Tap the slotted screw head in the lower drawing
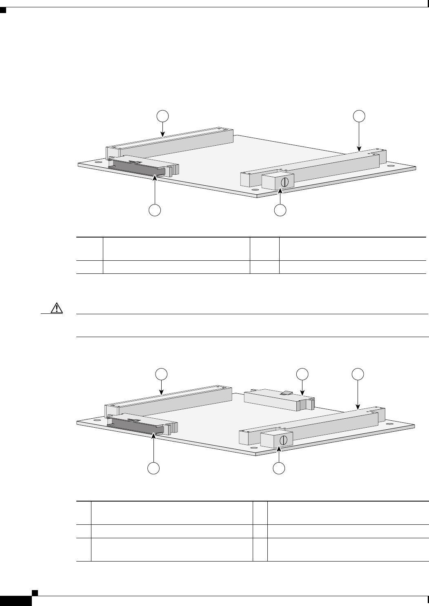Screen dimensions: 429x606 (286, 440)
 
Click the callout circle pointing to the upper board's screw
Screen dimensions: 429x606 (280, 210)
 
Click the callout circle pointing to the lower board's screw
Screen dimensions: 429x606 (279, 468)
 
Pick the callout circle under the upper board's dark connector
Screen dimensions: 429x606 (154, 210)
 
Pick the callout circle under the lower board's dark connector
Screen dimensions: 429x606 (153, 468)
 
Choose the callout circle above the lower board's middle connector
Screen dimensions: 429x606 (302, 373)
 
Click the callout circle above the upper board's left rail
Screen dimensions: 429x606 (163, 115)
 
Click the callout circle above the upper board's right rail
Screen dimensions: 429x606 (359, 115)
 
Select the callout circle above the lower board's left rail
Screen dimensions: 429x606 (162, 373)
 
